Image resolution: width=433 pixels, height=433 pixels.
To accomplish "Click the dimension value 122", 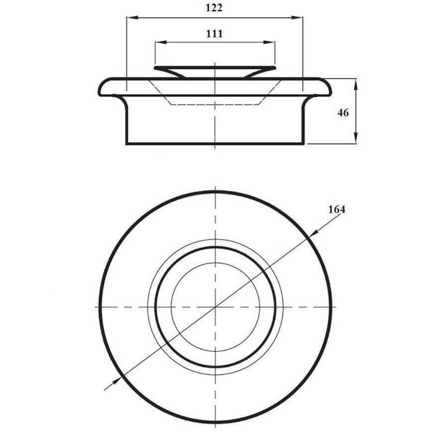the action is point(214,7).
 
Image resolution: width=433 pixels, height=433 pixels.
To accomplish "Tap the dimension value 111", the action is point(214,33).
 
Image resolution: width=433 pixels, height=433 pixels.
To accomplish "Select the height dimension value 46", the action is point(343,113).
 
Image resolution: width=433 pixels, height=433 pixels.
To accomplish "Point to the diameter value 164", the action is point(337,210).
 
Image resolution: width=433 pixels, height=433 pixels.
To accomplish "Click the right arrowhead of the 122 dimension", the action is point(297,18).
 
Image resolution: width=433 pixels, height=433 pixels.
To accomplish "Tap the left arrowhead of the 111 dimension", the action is point(161,42).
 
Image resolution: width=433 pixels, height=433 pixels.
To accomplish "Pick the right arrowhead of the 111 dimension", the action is point(269,42).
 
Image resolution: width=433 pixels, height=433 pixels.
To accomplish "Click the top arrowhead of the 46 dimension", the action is point(356,84).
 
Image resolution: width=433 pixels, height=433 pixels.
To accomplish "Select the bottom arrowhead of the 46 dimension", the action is point(356,138).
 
